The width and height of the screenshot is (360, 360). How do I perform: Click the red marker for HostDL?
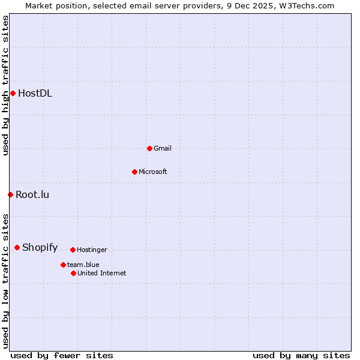(13, 93)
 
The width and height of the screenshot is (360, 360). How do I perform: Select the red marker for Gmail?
(149, 148)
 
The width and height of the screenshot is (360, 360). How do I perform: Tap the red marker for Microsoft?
(134, 172)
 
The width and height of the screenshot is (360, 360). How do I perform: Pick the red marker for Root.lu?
(10, 194)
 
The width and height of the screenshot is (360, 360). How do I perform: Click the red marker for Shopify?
(17, 247)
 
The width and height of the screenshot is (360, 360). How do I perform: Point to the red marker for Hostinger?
(73, 250)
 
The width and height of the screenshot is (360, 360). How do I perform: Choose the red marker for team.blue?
(63, 265)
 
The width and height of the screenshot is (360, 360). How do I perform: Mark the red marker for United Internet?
(73, 273)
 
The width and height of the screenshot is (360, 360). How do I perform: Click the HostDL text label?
(35, 93)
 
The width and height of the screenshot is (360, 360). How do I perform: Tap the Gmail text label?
(162, 148)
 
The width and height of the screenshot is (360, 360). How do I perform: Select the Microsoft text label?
(152, 172)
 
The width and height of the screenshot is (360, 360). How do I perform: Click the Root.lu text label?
(32, 194)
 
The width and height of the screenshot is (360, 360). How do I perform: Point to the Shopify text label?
(40, 247)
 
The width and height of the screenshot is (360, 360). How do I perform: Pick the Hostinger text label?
(92, 250)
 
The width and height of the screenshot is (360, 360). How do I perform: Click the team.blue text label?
(83, 265)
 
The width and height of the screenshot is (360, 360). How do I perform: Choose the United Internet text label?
(101, 273)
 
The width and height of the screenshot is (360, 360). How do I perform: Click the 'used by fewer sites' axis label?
(62, 355)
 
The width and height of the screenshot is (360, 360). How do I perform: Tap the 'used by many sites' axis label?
(301, 355)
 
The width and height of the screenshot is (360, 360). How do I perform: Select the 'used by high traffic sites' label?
(5, 85)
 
